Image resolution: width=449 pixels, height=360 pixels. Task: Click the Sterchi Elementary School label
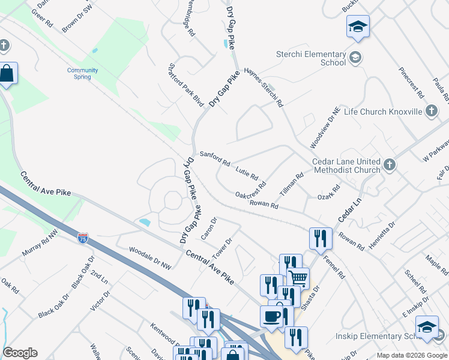click(x=303, y=58)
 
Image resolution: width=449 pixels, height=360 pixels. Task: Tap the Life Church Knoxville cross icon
click(x=431, y=111)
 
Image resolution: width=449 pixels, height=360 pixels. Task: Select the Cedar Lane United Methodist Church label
click(x=346, y=166)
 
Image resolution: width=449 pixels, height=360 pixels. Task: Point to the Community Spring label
click(x=82, y=73)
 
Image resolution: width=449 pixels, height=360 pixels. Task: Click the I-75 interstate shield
click(x=83, y=238)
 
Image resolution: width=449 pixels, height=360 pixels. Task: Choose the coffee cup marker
click(x=271, y=316)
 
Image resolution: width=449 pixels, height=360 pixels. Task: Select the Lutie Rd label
click(x=247, y=173)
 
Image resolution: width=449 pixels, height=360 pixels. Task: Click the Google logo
click(x=20, y=353)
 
